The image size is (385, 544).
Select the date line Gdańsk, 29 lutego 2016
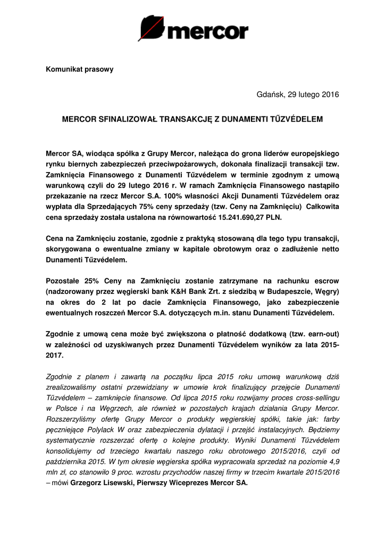pos(297,95)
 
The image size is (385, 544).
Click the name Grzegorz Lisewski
pos(101,483)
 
